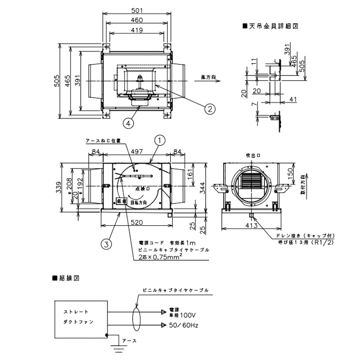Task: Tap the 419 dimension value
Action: tap(136, 31)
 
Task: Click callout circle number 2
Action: tap(210, 108)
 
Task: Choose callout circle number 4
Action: tap(129, 123)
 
